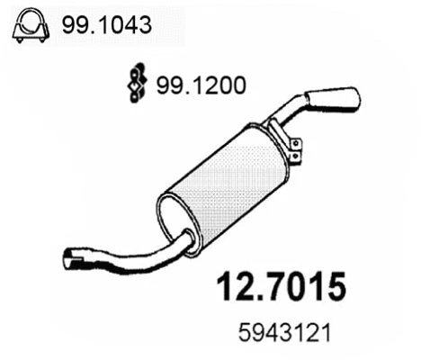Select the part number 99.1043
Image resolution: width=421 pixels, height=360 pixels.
click(x=102, y=26)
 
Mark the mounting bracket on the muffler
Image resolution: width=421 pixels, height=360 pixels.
click(x=291, y=144)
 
